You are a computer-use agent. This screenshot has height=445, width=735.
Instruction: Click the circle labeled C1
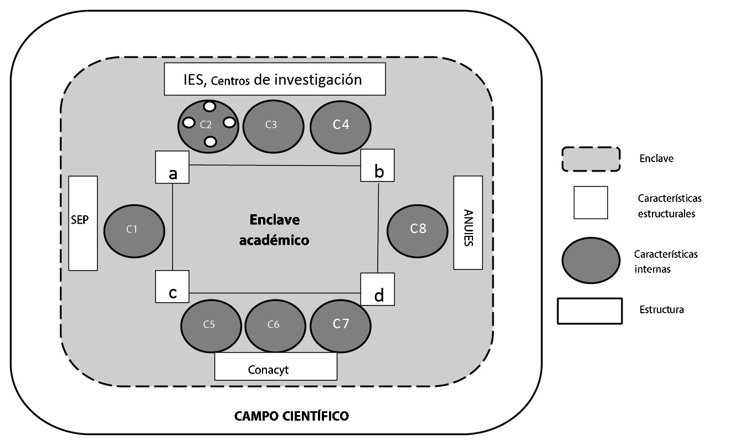(x=133, y=230)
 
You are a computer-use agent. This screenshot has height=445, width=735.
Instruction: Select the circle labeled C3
(x=273, y=125)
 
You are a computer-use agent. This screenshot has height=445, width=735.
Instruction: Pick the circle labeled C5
(x=209, y=325)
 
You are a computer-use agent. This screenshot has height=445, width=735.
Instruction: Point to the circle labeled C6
(x=273, y=325)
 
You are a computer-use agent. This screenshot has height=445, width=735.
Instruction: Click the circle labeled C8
(x=417, y=229)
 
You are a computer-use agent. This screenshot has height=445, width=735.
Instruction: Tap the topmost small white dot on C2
(x=209, y=106)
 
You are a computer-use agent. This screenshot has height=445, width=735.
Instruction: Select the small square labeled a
(x=172, y=167)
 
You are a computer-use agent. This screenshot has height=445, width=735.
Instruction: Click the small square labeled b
(x=378, y=165)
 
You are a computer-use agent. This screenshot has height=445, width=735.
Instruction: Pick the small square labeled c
(x=172, y=286)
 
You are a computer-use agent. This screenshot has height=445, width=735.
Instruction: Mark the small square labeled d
(x=378, y=289)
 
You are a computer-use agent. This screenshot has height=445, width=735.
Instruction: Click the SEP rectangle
(x=83, y=222)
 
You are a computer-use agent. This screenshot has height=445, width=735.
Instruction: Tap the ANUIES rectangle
(x=467, y=222)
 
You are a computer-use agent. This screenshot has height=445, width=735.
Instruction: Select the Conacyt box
(x=275, y=367)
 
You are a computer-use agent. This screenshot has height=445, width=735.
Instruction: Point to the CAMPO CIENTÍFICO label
(x=291, y=415)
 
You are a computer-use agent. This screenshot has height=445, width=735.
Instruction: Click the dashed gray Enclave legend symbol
(x=590, y=159)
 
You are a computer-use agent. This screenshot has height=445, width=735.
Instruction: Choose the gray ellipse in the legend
(x=590, y=260)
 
